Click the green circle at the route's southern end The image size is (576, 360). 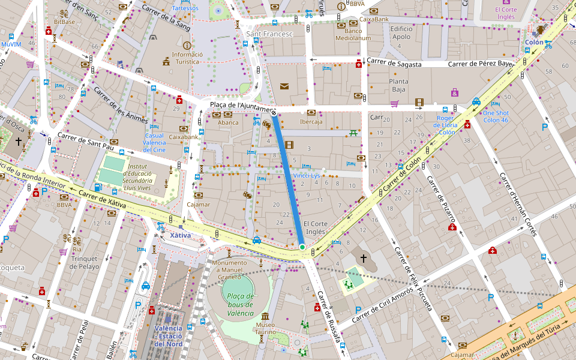click(302, 247)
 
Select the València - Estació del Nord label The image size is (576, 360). click(168, 336)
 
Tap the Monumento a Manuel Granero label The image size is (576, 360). click(229, 269)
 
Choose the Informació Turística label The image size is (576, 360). click(187, 58)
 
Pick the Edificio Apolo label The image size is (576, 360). click(401, 32)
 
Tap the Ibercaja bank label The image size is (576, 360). click(311, 122)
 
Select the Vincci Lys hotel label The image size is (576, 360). click(307, 175)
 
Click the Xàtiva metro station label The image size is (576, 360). click(180, 235)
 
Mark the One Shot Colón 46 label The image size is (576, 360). click(496, 116)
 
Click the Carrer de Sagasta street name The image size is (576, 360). click(394, 63)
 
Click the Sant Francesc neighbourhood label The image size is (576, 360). click(269, 34)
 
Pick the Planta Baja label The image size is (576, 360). click(398, 85)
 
